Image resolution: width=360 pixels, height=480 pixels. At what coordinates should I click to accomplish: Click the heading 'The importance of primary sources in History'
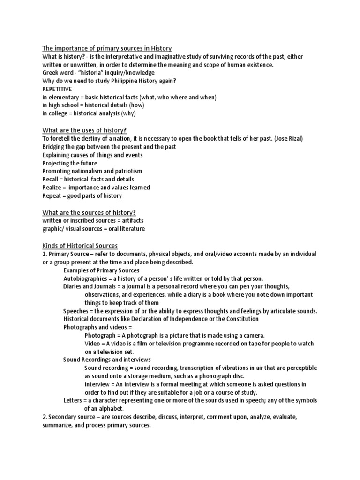(107, 48)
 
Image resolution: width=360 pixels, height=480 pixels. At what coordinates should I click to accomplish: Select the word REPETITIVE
(58, 89)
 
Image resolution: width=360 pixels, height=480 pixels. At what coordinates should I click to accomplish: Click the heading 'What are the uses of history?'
(85, 130)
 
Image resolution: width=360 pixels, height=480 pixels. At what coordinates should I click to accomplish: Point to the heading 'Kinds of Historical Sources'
(80, 245)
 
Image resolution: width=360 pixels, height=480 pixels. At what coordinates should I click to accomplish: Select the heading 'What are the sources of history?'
(90, 212)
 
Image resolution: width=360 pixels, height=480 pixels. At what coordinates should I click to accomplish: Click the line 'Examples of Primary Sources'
(101, 270)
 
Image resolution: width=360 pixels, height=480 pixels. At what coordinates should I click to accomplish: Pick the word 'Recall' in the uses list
(51, 179)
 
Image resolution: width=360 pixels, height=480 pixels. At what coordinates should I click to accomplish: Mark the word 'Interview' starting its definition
(98, 384)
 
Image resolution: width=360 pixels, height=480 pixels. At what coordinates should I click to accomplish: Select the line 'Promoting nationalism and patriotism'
(92, 171)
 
